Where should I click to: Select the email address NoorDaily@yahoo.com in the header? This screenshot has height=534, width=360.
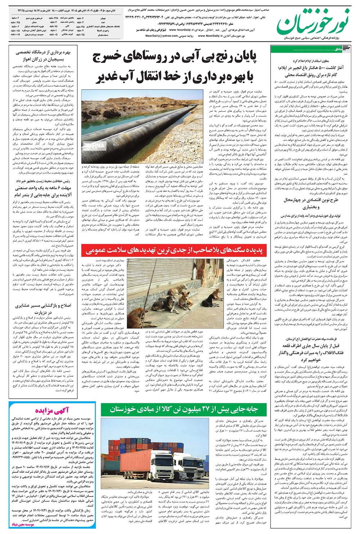[x=159, y=36]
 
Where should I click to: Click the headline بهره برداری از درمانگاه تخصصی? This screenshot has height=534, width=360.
[x=43, y=53]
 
